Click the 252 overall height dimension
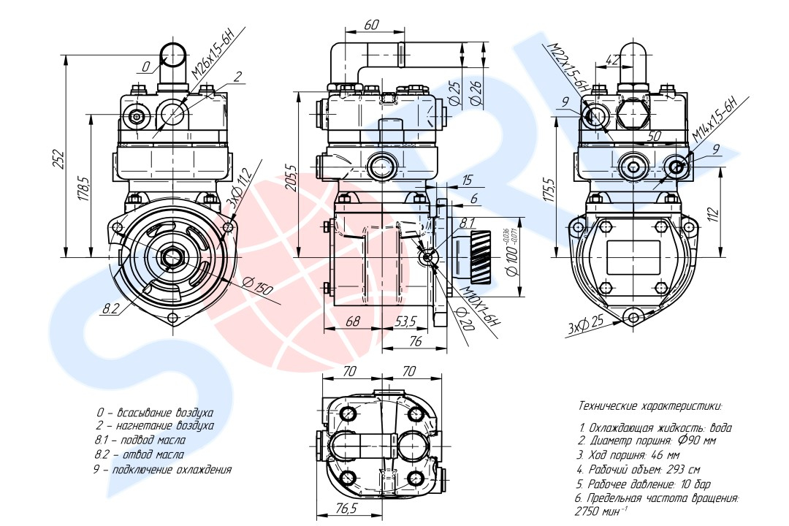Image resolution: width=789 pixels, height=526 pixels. pos(59,159)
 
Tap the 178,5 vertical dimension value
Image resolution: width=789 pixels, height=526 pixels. pos(84,188)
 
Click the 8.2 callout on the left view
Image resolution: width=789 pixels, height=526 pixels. pos(111,308)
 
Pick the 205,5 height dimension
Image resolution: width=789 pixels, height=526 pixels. pos(291,179)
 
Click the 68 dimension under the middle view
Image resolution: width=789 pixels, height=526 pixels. pos(353,321)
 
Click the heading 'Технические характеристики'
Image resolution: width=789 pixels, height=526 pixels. pos(649,405)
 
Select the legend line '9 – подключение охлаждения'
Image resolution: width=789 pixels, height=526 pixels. pos(162,470)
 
